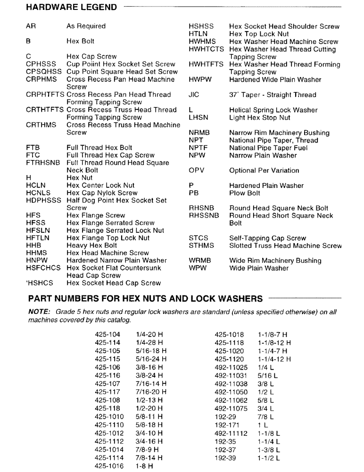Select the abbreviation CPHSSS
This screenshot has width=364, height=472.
[41, 64]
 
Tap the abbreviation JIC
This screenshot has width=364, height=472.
[194, 95]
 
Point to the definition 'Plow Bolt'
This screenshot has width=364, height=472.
[244, 193]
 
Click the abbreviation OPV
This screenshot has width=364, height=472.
[197, 170]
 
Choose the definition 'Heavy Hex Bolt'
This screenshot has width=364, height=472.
[92, 245]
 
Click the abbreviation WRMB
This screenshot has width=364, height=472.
[199, 261]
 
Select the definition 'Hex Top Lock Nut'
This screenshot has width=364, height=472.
[259, 34]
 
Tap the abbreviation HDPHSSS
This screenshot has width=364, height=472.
[44, 201]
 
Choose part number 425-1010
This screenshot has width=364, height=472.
[109, 417]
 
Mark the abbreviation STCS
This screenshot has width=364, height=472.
[199, 238]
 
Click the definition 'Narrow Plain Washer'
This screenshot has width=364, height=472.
[263, 155]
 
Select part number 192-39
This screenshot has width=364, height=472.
[225, 458]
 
